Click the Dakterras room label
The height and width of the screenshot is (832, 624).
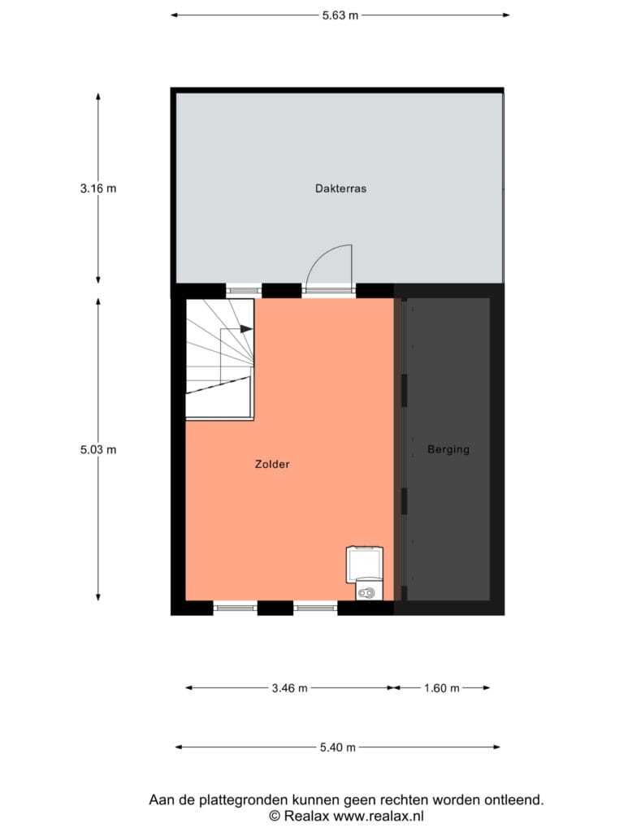click(340, 188)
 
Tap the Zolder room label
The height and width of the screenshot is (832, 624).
click(272, 464)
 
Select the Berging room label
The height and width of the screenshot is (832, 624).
click(448, 449)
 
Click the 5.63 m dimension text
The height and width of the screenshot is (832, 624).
click(340, 15)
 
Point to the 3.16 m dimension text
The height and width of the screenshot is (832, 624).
click(98, 188)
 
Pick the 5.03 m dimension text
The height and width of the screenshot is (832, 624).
click(98, 450)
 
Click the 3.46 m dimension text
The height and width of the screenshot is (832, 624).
click(290, 688)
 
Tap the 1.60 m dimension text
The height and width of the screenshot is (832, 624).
click(441, 688)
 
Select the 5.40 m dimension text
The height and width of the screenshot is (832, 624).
click(337, 747)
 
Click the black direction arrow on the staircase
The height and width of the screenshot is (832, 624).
click(246, 329)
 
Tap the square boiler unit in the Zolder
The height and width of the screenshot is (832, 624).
click(364, 565)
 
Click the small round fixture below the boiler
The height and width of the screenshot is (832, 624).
click(366, 592)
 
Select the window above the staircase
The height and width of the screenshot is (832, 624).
click(244, 290)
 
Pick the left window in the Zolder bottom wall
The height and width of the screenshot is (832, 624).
click(235, 608)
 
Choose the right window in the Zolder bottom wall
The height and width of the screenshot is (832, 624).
click(315, 608)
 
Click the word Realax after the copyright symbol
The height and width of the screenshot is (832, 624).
click(306, 816)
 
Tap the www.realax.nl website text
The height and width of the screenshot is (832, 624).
click(379, 816)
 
